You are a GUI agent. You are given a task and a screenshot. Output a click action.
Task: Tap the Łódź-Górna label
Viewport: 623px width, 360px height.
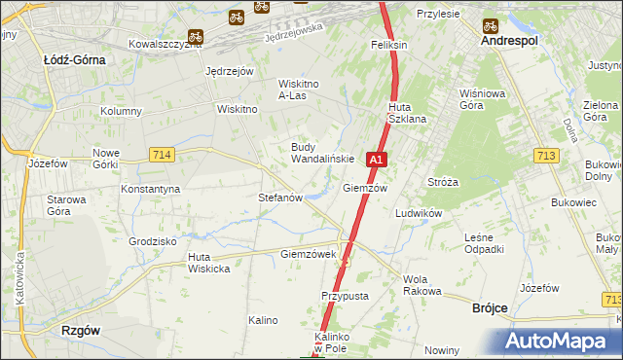tap(74, 59)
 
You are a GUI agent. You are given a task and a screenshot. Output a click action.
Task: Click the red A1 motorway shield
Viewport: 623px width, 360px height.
tap(377, 158)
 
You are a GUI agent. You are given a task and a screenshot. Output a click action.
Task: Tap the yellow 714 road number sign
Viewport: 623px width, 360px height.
tap(162, 155)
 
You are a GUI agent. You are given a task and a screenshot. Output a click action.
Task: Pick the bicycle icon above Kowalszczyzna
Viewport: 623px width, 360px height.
tap(196, 37)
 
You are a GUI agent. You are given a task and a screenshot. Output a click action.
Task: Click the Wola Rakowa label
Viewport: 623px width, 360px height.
tap(422, 285)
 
